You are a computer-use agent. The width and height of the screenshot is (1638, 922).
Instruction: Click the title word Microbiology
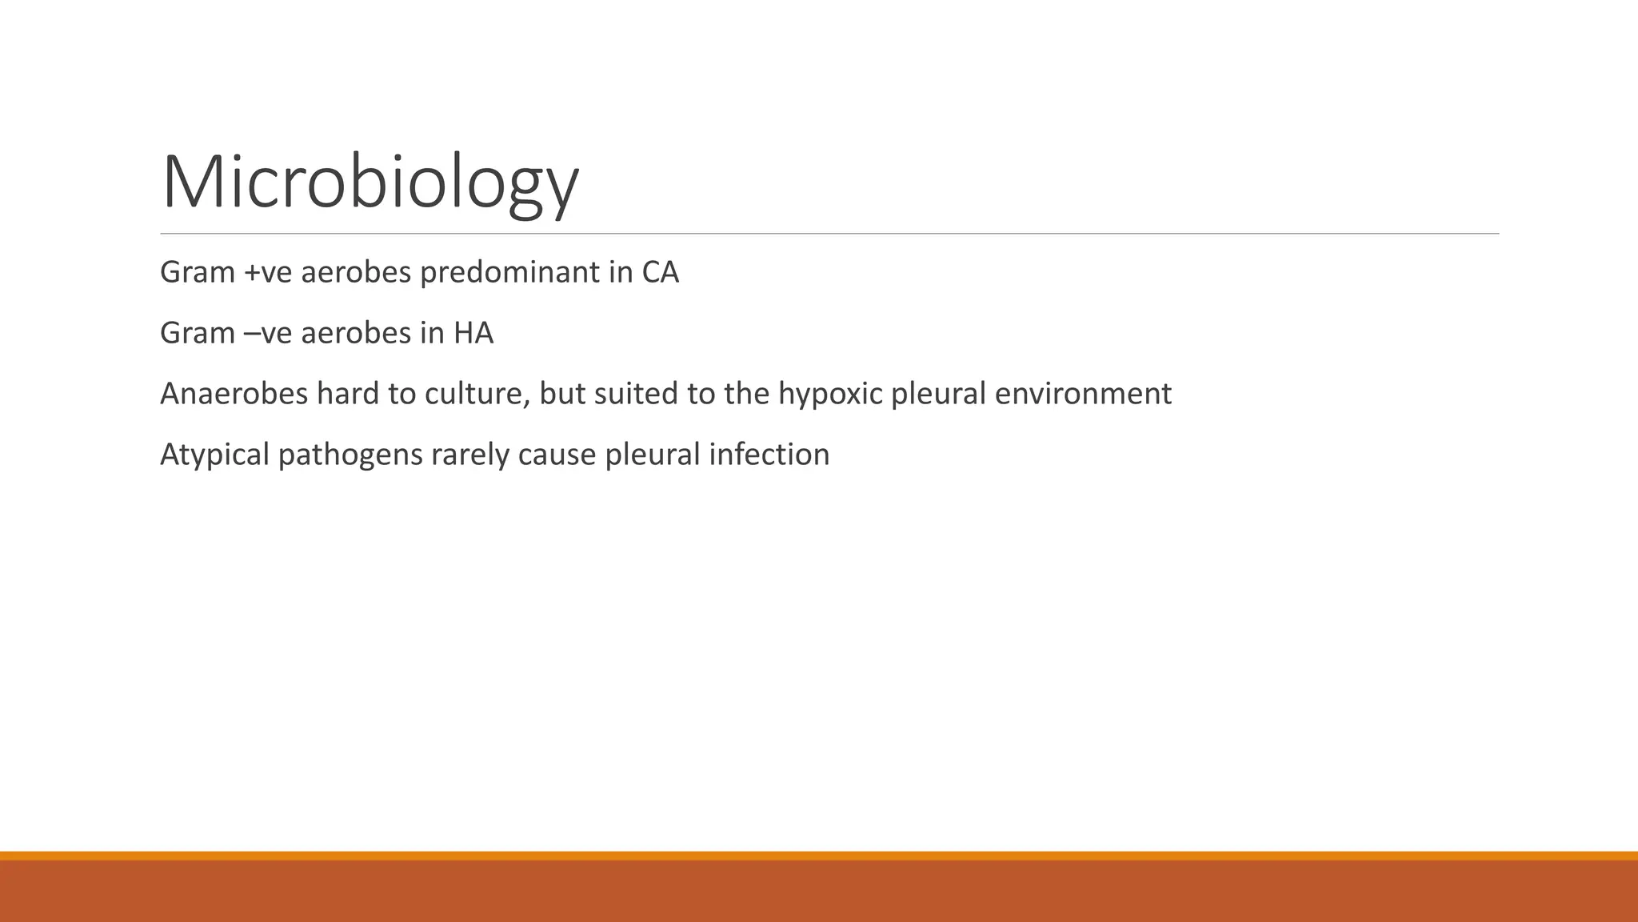pos(370,182)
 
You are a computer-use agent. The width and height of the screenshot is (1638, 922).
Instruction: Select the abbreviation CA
pos(660,273)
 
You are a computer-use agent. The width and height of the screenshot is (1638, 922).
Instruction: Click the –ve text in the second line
pos(267,333)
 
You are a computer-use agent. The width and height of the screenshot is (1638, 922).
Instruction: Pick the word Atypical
pos(214,455)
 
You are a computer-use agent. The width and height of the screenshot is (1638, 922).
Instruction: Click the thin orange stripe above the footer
pos(819,856)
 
